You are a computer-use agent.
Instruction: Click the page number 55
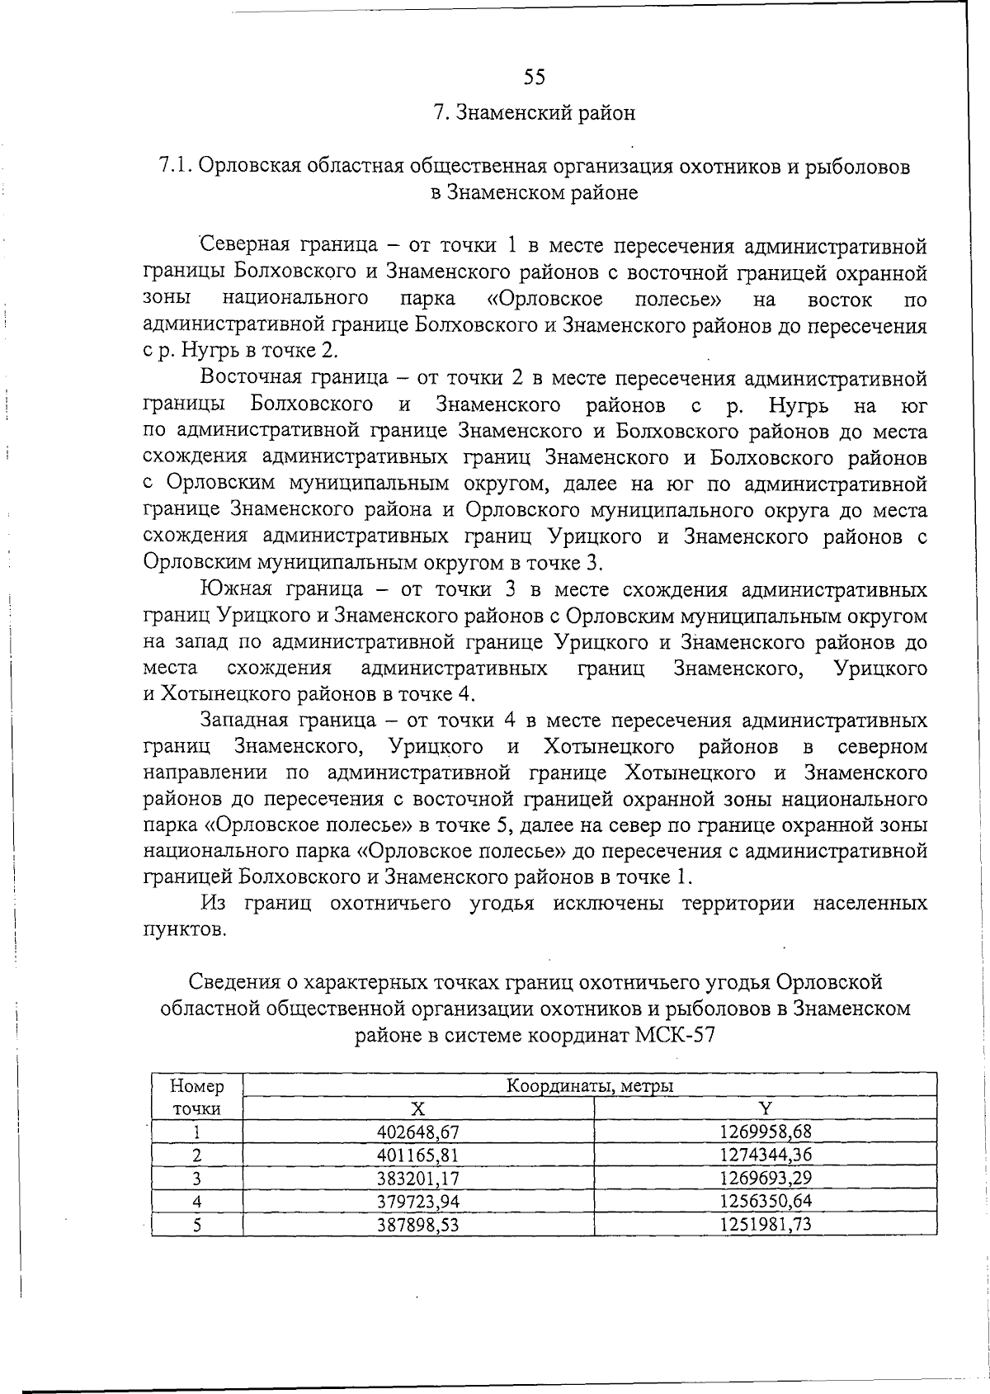point(535,77)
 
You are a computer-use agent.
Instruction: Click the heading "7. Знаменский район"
point(535,112)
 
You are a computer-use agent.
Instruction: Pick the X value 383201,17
point(417,1178)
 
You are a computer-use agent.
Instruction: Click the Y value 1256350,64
point(765,1201)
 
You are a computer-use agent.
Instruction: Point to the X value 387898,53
point(417,1225)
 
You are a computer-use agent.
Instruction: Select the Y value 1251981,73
point(765,1224)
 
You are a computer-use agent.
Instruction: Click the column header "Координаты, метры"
point(590,1086)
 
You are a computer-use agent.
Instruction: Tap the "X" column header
point(417,1108)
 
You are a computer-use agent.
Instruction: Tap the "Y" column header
point(765,1108)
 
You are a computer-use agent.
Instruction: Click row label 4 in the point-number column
point(197,1202)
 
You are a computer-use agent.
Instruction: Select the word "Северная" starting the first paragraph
point(244,246)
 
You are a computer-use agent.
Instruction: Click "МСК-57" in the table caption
point(676,1035)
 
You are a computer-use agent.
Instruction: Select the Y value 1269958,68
point(765,1132)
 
